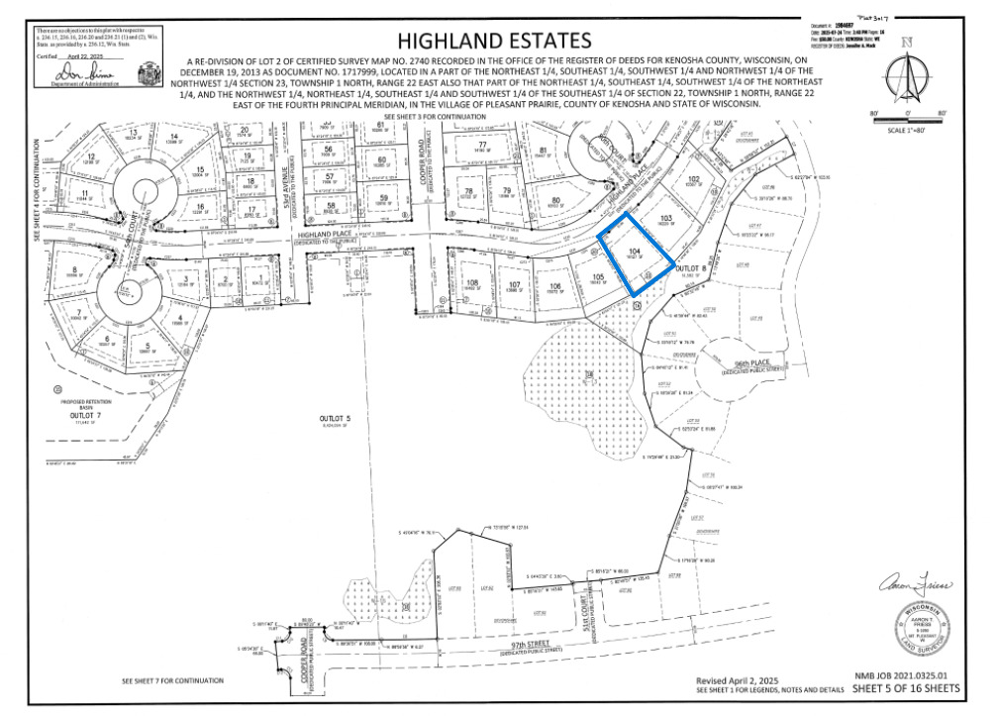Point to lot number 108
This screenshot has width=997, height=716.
tap(472, 283)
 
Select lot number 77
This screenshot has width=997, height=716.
tap(482, 145)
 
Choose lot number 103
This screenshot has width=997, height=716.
tap(666, 217)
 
